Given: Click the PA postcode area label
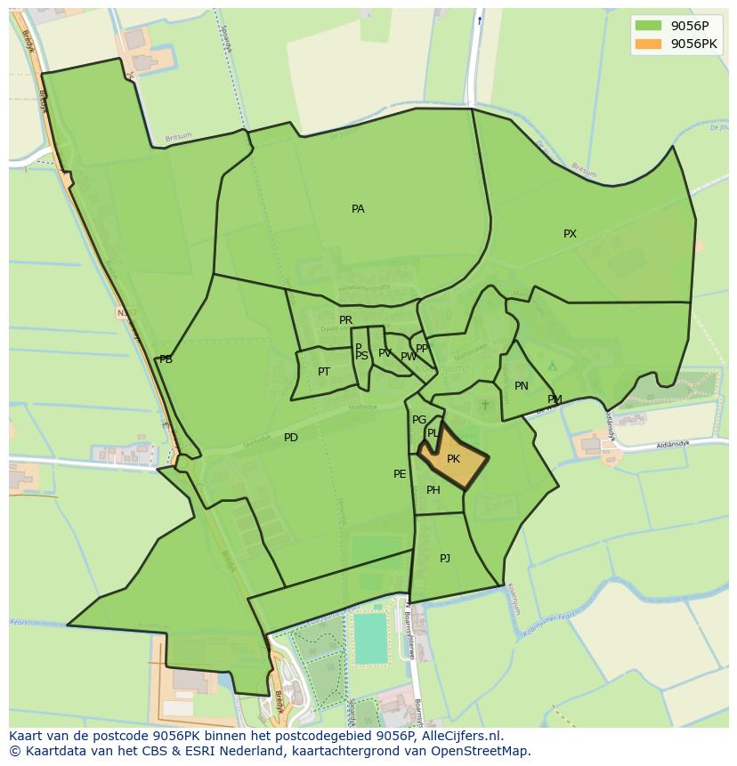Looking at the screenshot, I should pyautogui.click(x=358, y=209).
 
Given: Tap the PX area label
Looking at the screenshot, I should pyautogui.click(x=570, y=234).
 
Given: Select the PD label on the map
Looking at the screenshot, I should pyautogui.click(x=291, y=438).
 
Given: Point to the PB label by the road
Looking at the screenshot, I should pyautogui.click(x=166, y=359).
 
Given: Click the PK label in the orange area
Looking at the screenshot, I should pyautogui.click(x=453, y=459).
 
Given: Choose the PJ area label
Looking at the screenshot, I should pyautogui.click(x=445, y=558).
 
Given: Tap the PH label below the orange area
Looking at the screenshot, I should pyautogui.click(x=433, y=490).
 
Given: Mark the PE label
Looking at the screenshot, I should pyautogui.click(x=400, y=474).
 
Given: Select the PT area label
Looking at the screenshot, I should pyautogui.click(x=324, y=372).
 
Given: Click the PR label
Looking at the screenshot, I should pyautogui.click(x=345, y=320).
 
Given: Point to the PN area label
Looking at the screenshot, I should pyautogui.click(x=522, y=386).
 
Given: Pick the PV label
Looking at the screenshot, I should pyautogui.click(x=385, y=353).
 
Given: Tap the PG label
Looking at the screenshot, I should pyautogui.click(x=419, y=420).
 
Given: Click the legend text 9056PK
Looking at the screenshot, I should pyautogui.click(x=693, y=43).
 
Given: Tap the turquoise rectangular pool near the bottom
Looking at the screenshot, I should pyautogui.click(x=370, y=638).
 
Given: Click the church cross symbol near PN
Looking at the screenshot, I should pyautogui.click(x=485, y=405).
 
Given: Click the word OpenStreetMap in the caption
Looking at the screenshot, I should pyautogui.click(x=485, y=751).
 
